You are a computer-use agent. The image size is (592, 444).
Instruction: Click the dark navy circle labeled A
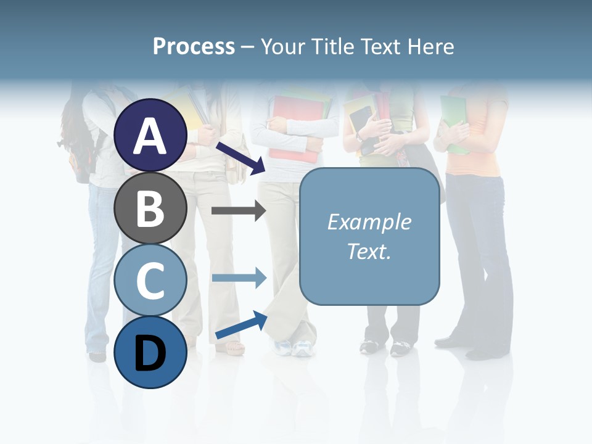click(x=150, y=136)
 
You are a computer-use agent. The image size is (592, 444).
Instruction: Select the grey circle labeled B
click(x=150, y=208)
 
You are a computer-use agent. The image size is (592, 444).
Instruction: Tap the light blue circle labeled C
click(x=150, y=281)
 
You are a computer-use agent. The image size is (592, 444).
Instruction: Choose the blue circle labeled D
click(x=150, y=352)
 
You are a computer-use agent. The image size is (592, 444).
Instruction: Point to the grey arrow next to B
click(x=239, y=211)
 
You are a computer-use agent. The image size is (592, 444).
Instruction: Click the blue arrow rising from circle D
click(x=240, y=325)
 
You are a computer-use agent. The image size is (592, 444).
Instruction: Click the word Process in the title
click(x=194, y=46)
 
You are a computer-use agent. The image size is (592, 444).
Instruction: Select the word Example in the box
click(x=369, y=222)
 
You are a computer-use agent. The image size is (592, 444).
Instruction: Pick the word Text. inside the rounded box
click(x=369, y=251)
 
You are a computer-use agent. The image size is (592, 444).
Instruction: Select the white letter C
click(x=150, y=281)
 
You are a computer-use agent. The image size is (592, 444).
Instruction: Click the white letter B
click(x=150, y=208)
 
